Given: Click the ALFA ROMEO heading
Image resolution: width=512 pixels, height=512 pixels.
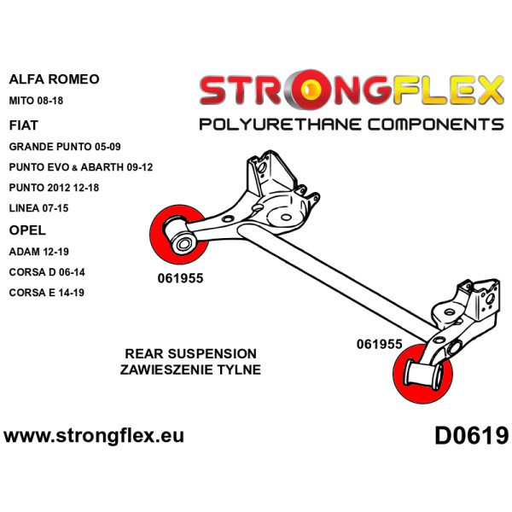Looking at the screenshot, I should [x=53, y=79].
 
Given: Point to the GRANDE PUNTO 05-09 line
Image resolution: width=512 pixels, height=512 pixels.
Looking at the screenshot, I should [x=65, y=147].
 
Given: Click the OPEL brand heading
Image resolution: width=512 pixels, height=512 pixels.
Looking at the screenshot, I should [x=27, y=230].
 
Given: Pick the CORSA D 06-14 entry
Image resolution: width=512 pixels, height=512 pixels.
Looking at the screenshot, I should [x=48, y=272].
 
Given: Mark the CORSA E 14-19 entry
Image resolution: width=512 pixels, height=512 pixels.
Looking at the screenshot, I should [x=48, y=293].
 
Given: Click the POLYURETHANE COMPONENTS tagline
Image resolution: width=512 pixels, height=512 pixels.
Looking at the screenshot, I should [x=351, y=125].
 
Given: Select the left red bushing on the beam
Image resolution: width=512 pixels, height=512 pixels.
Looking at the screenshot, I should [x=176, y=232].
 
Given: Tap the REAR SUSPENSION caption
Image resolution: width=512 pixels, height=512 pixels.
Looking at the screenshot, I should [x=191, y=353].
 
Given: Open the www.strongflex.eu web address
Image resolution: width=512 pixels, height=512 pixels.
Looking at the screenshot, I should [x=94, y=437].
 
